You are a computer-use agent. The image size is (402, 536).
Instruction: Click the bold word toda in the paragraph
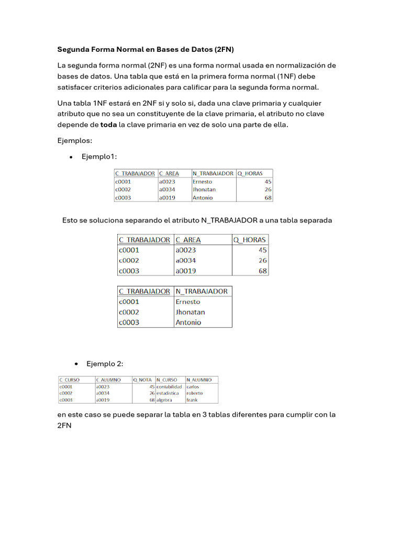tap(108, 125)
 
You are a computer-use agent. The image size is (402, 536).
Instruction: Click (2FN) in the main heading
tap(224, 50)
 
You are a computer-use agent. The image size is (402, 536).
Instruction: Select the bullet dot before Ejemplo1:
tap(70, 157)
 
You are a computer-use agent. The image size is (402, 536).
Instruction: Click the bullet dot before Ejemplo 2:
tap(76, 364)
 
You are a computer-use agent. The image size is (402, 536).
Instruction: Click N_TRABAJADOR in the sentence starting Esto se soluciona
tap(229, 220)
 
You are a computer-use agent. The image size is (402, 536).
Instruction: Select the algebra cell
tap(164, 400)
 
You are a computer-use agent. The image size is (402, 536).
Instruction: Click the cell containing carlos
tap(193, 387)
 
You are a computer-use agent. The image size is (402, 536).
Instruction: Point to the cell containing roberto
tap(194, 393)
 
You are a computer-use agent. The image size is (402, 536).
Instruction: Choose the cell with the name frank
tap(192, 400)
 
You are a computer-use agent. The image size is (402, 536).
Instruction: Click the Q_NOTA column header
tap(142, 380)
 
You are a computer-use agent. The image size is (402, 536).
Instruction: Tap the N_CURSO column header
tap(167, 380)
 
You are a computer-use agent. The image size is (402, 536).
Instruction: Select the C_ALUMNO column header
tap(108, 380)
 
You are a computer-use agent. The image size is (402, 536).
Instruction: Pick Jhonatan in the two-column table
tap(190, 312)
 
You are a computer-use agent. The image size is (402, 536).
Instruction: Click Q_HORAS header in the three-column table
tap(250, 240)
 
